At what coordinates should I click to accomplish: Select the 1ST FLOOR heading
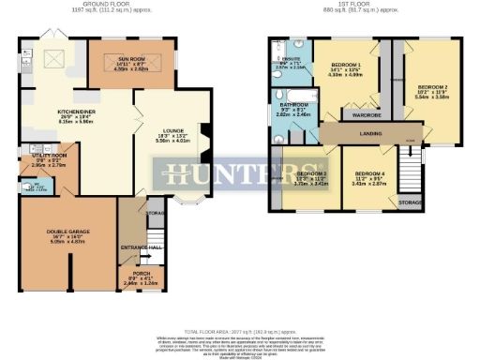coord(366,5)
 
